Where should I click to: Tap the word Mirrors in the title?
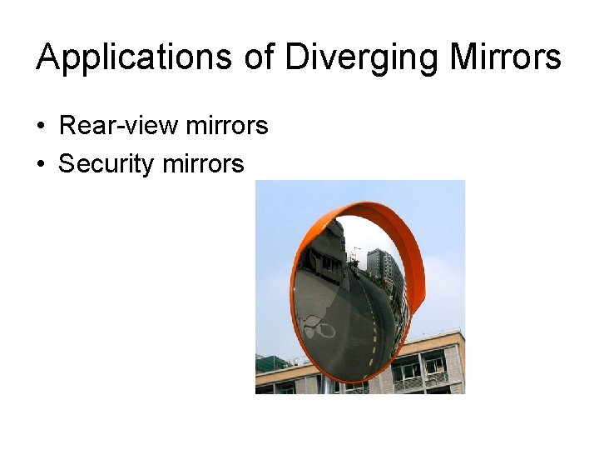coord(505,57)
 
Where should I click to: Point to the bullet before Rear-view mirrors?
coord(40,127)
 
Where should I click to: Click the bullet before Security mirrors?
coord(40,164)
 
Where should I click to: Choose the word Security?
coord(106,164)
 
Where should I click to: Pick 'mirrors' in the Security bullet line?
coord(204,164)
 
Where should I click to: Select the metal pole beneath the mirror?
coord(333,386)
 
